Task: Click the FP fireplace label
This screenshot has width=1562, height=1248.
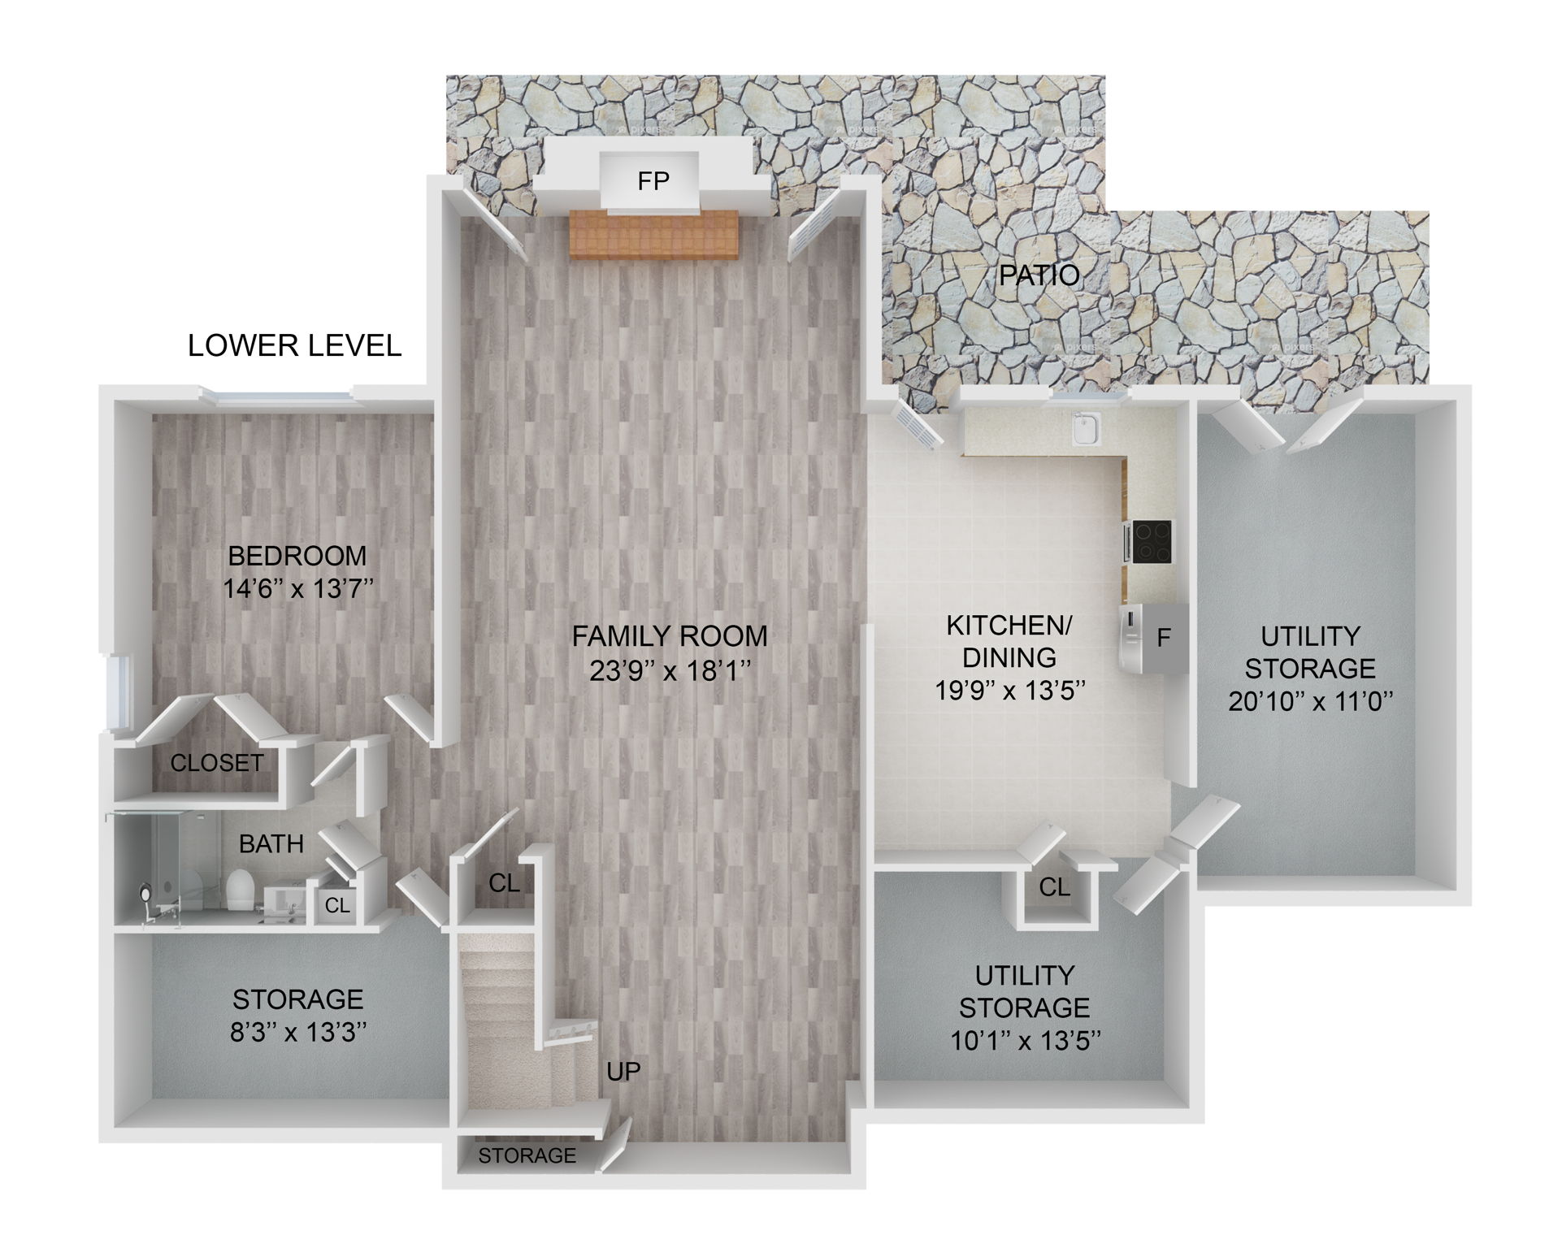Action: click(x=653, y=181)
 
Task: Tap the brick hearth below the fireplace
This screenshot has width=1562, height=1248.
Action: click(x=653, y=234)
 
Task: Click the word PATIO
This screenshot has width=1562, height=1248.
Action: click(x=1039, y=275)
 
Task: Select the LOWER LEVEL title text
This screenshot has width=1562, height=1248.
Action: click(x=294, y=346)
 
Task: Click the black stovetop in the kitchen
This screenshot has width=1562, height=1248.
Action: click(x=1152, y=542)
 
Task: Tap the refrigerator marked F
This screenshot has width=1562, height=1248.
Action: click(x=1154, y=639)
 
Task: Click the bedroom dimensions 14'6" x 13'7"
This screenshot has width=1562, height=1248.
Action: click(x=298, y=589)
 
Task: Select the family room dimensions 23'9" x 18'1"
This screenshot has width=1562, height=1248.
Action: click(x=669, y=671)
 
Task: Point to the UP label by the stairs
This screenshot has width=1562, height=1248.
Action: click(x=623, y=1072)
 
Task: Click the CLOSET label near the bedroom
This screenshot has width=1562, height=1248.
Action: click(x=216, y=763)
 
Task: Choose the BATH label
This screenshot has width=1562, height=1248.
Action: click(x=271, y=844)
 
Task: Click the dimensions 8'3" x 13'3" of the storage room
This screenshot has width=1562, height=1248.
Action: click(x=298, y=1033)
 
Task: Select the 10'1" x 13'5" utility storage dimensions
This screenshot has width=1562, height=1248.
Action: click(x=1026, y=1041)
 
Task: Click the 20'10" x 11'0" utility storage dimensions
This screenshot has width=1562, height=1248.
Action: click(x=1310, y=701)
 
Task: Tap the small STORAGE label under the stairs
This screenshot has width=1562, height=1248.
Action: click(x=527, y=1155)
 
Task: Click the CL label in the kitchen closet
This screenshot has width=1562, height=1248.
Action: click(x=1054, y=887)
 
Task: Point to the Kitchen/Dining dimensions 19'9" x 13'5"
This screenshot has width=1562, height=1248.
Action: click(x=1010, y=690)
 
